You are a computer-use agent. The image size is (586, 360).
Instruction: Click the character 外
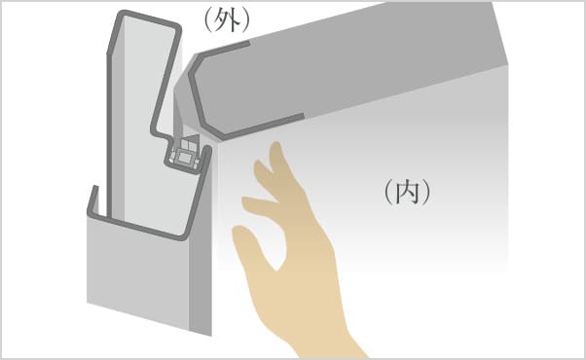click(228, 20)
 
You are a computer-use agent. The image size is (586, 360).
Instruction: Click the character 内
click(407, 192)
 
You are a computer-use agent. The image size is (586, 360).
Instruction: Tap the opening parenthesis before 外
click(208, 20)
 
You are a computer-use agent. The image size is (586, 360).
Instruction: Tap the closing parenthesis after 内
click(426, 192)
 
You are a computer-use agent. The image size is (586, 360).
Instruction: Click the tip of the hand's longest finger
click(275, 145)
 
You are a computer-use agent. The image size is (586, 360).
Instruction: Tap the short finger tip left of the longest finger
click(259, 163)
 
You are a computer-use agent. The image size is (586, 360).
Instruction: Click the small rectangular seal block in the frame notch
click(183, 157)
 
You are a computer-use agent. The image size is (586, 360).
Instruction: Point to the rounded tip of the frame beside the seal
click(207, 149)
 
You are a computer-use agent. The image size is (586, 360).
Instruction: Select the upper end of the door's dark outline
click(247, 44)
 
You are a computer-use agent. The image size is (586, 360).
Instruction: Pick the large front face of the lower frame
click(138, 269)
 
